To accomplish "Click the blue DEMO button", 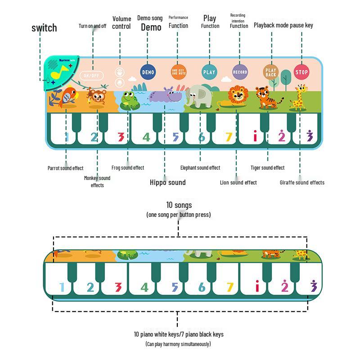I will [x=148, y=72].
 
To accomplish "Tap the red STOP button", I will [x=301, y=72].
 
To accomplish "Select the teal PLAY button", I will [x=209, y=72].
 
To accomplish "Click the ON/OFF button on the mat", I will [x=92, y=75].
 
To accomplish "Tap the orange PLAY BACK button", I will [x=270, y=72].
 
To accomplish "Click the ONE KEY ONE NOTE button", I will [x=178, y=72].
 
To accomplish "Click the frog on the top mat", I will [x=130, y=100].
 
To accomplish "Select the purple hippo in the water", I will [x=166, y=96].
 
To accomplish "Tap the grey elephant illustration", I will [x=198, y=97].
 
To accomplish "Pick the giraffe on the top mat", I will [x=299, y=98].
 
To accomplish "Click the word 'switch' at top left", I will [x=44, y=28].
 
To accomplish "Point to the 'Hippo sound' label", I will [x=167, y=182].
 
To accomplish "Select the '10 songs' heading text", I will [x=179, y=205].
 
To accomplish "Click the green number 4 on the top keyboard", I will [x=146, y=136].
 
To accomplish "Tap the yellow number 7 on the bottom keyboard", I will [x=230, y=287].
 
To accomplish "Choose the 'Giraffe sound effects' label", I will [x=302, y=182].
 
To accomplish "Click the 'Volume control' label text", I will [x=121, y=22].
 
